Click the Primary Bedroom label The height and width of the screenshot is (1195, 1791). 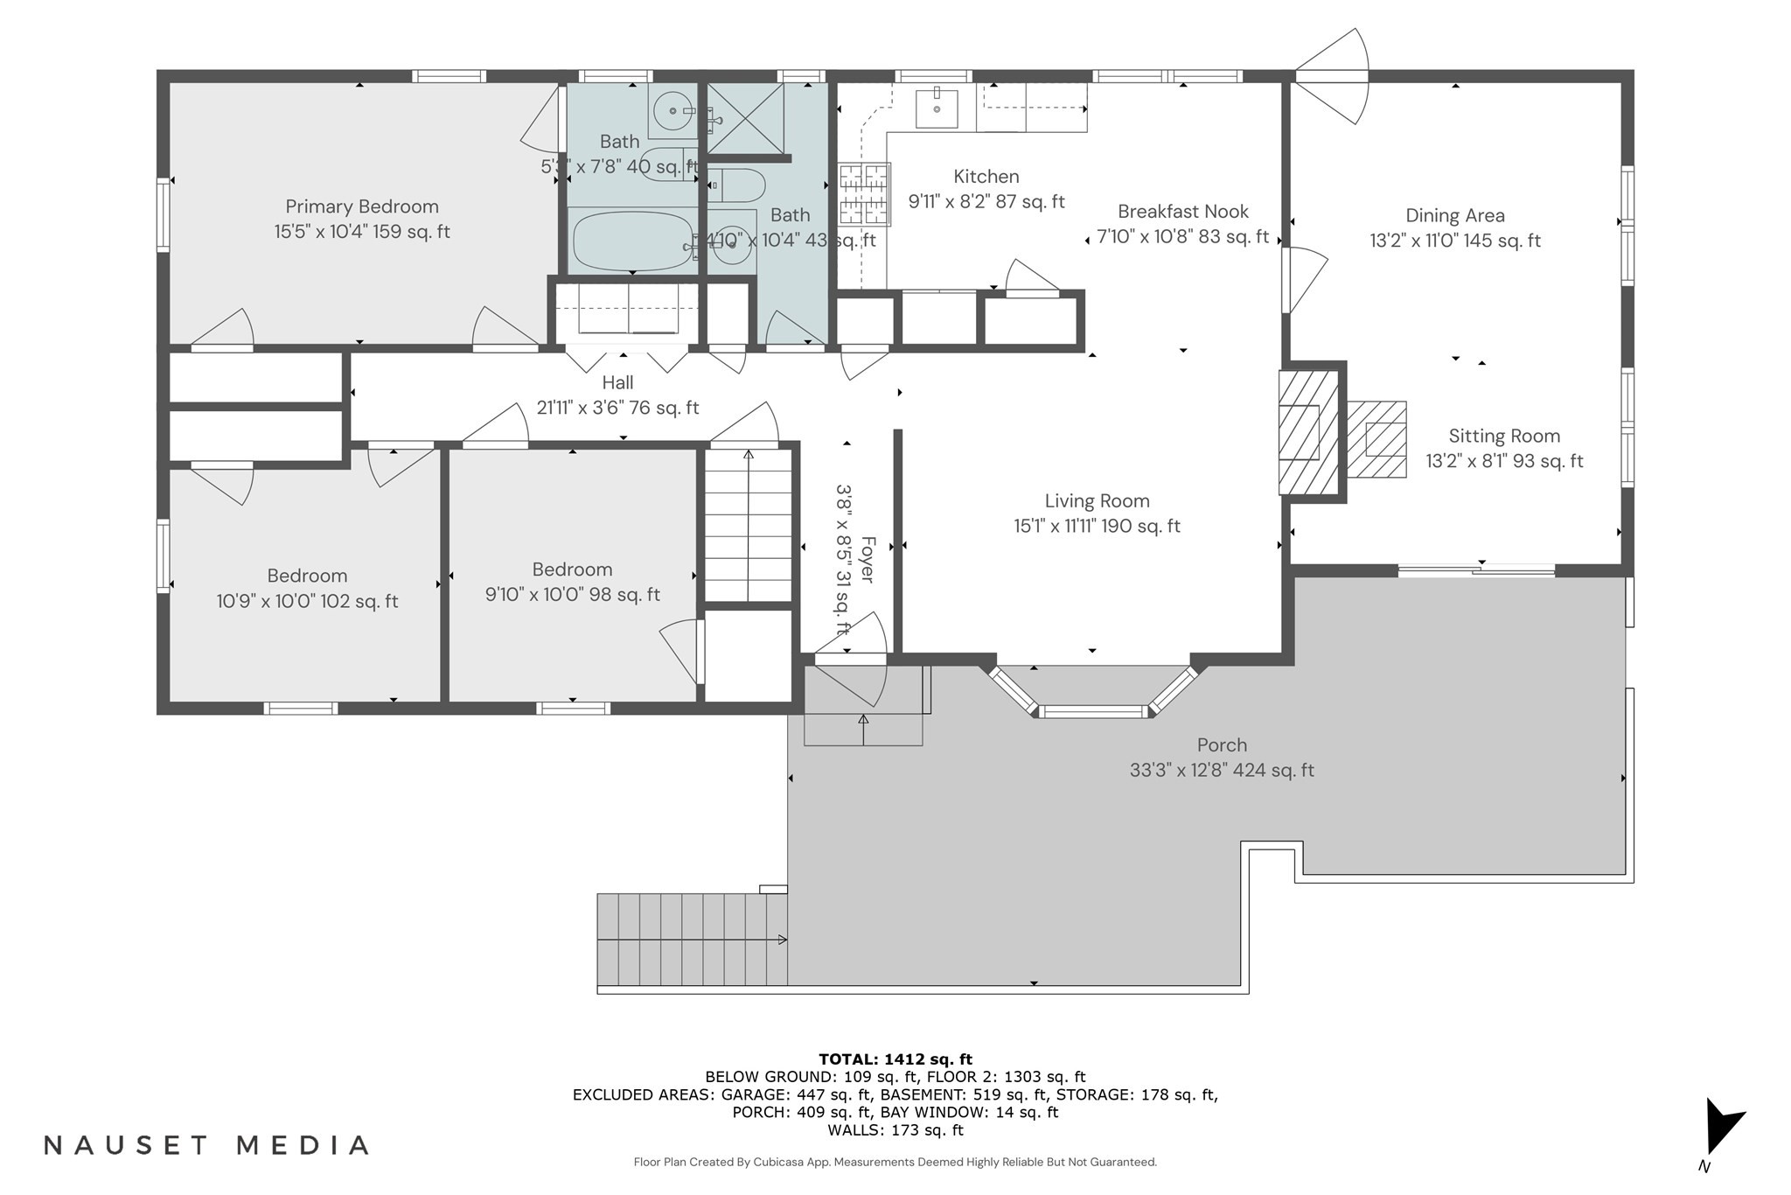(x=362, y=207)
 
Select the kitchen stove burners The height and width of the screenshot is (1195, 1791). (x=864, y=194)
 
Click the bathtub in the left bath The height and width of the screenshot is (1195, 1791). (x=631, y=241)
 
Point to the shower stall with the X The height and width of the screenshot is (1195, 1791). (x=744, y=119)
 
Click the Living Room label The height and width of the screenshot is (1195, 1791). (x=1097, y=501)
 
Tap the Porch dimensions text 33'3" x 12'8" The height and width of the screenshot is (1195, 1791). (x=1221, y=771)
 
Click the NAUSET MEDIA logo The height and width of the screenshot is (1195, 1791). (x=206, y=1145)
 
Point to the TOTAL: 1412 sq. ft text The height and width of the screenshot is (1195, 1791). (x=895, y=1059)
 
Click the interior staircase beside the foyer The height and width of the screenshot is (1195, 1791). (x=748, y=525)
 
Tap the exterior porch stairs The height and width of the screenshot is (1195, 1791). (x=692, y=940)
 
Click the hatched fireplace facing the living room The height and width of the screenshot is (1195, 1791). (x=1308, y=431)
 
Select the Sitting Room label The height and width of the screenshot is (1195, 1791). (x=1504, y=437)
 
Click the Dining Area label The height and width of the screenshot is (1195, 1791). (x=1455, y=216)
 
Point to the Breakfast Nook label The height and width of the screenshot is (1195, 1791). (x=1182, y=212)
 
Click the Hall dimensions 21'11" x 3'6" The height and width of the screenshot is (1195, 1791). (x=617, y=408)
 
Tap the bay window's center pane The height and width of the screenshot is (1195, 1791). (x=1092, y=711)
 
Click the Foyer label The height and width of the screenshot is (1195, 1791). (x=867, y=560)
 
